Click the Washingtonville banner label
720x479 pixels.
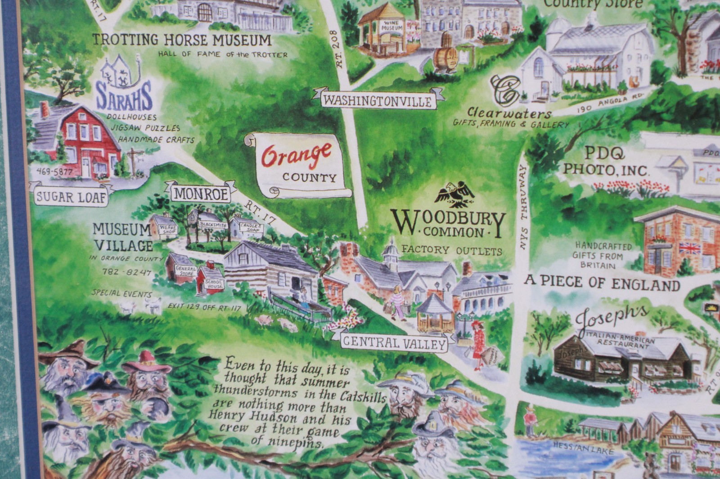pos(378,100)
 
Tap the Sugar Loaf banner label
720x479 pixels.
pos(71,197)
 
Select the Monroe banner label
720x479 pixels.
pos(200,194)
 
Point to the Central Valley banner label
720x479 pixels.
pos(394,343)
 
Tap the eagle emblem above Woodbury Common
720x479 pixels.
pos(455,194)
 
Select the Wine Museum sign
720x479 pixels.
pos(391,26)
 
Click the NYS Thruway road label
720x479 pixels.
pos(523,207)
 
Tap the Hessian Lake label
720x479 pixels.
pos(584,448)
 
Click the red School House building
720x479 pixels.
pos(211,279)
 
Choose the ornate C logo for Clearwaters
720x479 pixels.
pos(506,89)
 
